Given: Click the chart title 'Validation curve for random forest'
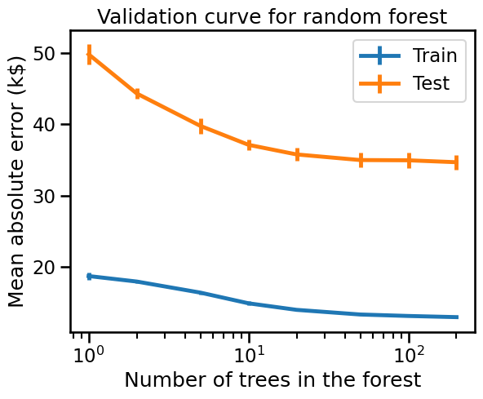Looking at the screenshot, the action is tap(273, 16).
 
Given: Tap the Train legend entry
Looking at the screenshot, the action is tap(408, 55).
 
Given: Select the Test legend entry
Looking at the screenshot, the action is tap(404, 83).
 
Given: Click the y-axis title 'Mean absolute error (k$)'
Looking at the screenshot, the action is tap(16, 181).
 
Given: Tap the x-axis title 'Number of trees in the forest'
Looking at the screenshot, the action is tap(273, 379).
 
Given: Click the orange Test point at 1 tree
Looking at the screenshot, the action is tap(89, 55).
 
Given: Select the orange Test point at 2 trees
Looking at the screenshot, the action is tap(137, 94).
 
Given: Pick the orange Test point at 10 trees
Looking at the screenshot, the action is tap(249, 144).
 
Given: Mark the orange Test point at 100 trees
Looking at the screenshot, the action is tap(409, 161).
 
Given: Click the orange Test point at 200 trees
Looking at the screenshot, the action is tap(457, 162).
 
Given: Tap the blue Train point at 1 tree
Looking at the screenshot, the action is tap(89, 277).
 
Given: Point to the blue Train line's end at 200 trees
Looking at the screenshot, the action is tap(458, 317).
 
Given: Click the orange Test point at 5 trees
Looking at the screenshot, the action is tap(202, 126).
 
